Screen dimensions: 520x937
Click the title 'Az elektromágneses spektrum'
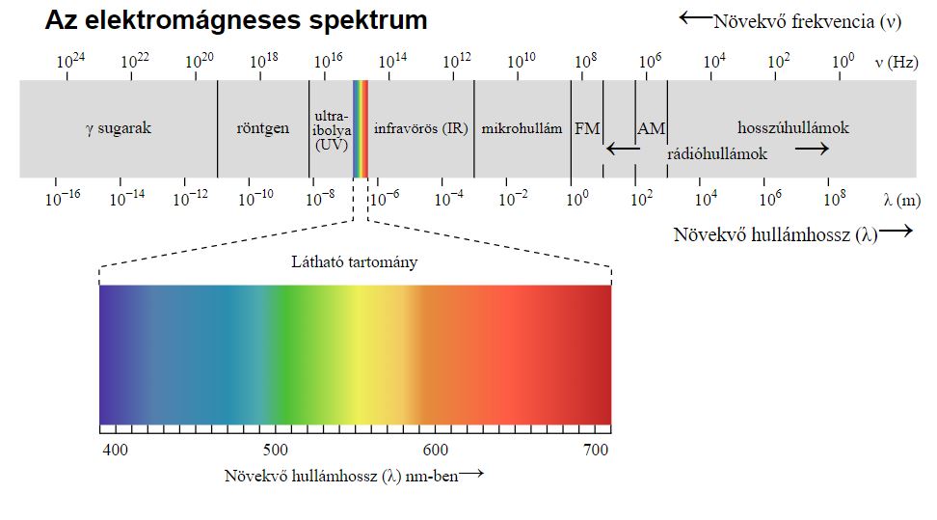tap(236, 20)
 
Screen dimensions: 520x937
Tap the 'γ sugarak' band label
tap(118, 128)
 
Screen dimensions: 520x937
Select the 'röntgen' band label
tap(262, 128)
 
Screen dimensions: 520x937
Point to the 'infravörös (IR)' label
tap(420, 128)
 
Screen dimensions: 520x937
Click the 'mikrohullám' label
tap(522, 128)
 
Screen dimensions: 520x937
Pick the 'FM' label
tap(586, 128)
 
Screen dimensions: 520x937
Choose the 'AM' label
tap(651, 128)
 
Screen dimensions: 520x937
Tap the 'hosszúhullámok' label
tap(793, 127)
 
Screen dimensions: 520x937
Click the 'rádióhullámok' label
tap(717, 153)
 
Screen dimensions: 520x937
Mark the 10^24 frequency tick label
tap(70, 61)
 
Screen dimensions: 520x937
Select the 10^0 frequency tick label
tap(843, 61)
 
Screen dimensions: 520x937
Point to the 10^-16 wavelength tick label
tap(63, 199)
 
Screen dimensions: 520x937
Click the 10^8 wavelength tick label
tap(835, 199)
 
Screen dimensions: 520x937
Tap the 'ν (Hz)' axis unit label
tap(896, 62)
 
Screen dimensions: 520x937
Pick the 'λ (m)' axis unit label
tap(901, 200)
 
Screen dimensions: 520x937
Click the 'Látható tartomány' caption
tap(355, 262)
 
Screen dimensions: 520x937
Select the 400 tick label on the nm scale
tap(116, 450)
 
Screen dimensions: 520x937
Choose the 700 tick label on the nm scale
tap(596, 450)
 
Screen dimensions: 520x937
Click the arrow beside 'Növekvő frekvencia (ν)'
tap(695, 17)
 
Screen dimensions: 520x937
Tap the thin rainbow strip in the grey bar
tap(361, 128)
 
